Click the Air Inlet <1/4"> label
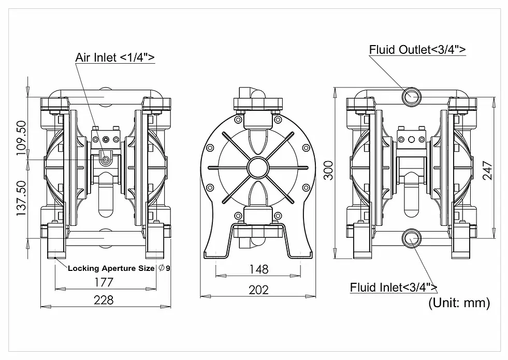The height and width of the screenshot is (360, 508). click(x=115, y=57)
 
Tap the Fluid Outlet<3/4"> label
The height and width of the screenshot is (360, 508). click(x=417, y=50)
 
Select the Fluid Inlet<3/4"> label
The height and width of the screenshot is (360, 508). click(x=394, y=287)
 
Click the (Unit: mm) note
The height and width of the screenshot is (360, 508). click(x=459, y=303)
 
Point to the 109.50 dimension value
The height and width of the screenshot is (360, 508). click(x=22, y=138)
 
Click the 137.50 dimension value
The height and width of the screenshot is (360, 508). click(x=22, y=198)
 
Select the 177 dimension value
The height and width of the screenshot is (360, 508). click(x=104, y=282)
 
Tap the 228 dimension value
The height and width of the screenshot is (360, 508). click(x=104, y=300)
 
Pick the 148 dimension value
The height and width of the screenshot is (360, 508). click(x=258, y=269)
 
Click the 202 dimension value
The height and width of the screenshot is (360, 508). click(x=258, y=290)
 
